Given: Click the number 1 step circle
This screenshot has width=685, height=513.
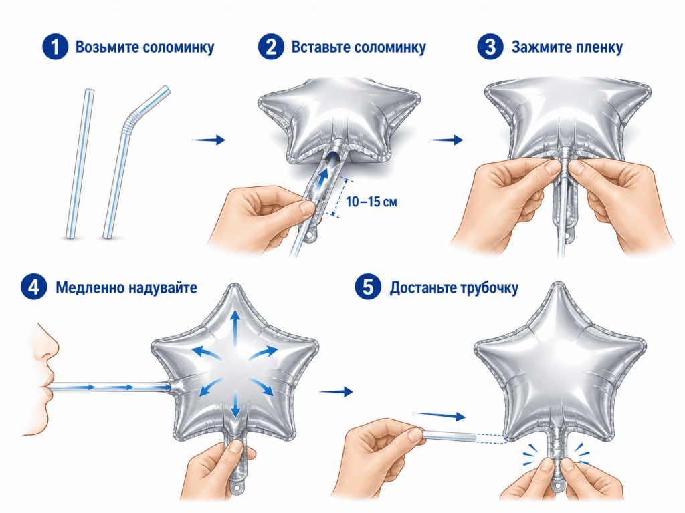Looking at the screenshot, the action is click(56, 47).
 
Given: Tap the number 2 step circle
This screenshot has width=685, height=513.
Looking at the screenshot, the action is click(272, 47).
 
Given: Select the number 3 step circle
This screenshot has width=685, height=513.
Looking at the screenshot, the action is click(490, 47).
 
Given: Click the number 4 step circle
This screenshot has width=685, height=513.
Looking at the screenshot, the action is click(33, 287).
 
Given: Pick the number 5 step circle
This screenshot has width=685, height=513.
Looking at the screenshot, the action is click(367, 287).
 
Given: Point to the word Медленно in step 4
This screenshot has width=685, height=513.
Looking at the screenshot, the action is click(90, 288).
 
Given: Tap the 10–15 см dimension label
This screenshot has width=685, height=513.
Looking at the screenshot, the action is click(371, 202).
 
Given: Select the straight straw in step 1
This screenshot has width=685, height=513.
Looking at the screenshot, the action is click(80, 164).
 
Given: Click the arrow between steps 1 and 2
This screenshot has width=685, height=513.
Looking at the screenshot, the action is click(209, 140).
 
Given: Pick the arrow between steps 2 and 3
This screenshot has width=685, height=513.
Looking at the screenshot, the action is click(446, 140).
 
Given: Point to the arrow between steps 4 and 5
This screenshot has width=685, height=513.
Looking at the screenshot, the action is click(336, 391).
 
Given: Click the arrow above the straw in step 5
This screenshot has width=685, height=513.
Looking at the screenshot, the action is click(439, 415).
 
